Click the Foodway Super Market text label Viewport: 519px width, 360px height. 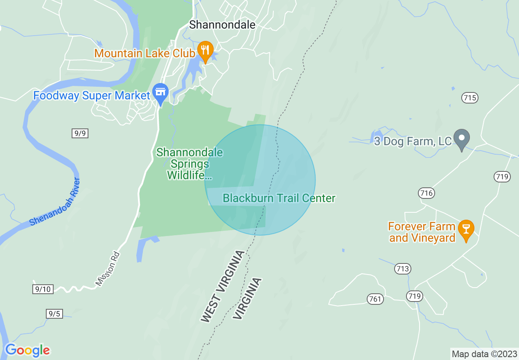(92, 96)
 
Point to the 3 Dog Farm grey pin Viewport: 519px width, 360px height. (462, 139)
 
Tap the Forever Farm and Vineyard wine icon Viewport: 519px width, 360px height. (465, 229)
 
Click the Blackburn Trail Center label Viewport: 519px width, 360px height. (279, 198)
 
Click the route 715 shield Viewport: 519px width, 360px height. (470, 98)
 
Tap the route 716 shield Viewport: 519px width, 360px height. (426, 193)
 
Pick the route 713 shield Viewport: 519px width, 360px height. (403, 269)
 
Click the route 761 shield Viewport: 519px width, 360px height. (375, 299)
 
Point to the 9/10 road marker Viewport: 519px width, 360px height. (43, 289)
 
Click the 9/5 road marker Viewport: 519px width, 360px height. (54, 314)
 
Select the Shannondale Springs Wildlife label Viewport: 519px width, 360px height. (190, 164)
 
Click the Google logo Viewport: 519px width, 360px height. (27, 350)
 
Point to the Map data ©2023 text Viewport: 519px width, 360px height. (484, 354)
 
